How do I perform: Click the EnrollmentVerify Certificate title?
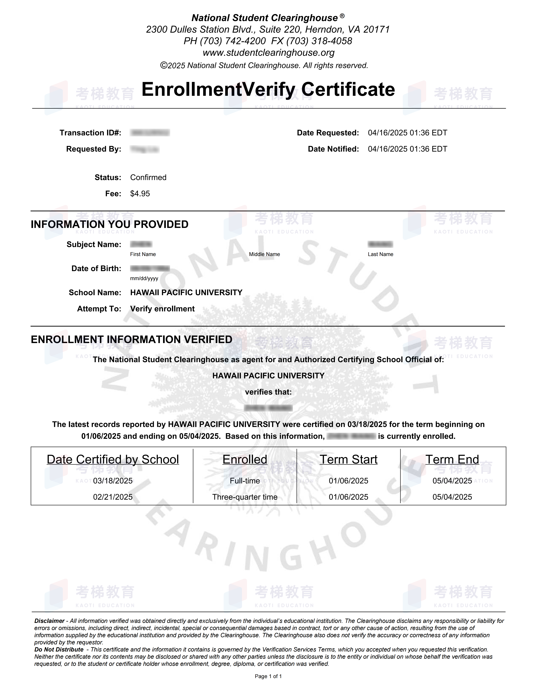point(268,89)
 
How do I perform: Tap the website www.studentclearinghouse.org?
point(268,52)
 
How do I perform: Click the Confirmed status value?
point(148,177)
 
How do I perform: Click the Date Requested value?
point(408,133)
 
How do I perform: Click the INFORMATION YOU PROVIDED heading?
point(109,224)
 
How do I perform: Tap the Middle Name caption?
point(264,254)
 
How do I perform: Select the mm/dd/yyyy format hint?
point(144,278)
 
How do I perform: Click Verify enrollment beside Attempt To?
point(162,309)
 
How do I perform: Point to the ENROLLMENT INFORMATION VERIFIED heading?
point(131,339)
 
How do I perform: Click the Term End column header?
point(452,459)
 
